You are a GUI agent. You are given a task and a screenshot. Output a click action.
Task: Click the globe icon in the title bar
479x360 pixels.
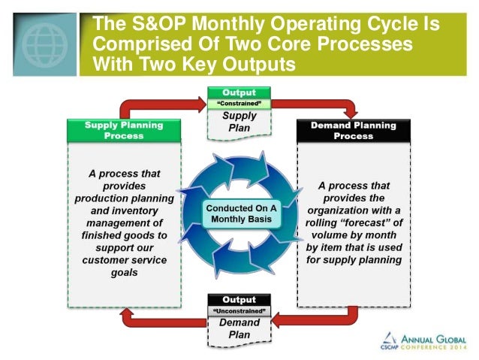44,43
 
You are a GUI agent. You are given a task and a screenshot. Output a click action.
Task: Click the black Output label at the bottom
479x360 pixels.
239,299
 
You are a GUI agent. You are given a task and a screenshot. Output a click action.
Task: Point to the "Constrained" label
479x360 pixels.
239,103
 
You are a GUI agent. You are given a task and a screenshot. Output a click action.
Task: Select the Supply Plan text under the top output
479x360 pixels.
239,122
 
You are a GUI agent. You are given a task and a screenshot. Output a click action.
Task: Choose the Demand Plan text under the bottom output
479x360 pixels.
239,329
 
